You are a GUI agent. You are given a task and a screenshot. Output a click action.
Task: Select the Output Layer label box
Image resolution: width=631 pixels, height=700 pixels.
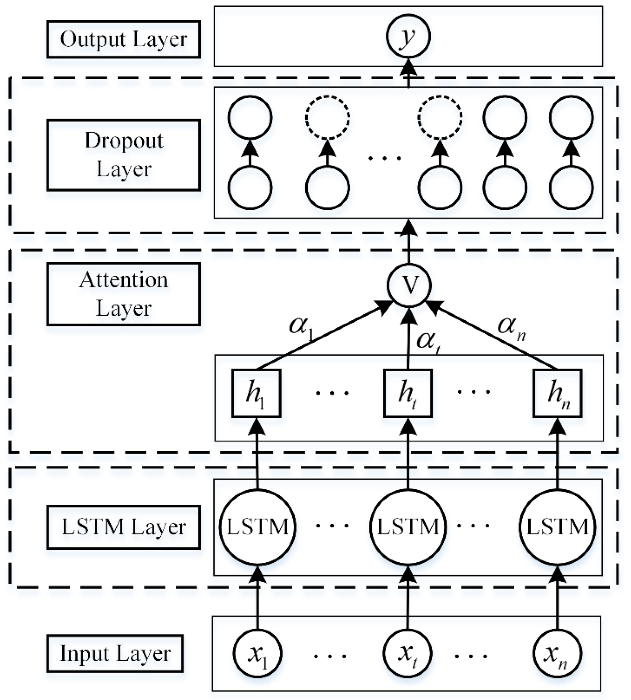[x=123, y=39]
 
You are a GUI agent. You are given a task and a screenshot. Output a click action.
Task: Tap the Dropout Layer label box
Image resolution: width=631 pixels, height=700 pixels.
[x=123, y=155]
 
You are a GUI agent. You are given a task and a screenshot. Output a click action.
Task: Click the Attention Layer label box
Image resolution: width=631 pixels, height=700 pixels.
[x=123, y=294]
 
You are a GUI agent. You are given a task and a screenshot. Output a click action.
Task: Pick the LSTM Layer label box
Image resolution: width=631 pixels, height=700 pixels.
[x=123, y=527]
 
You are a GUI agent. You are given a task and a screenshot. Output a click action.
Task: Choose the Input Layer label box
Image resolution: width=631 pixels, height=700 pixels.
[x=115, y=654]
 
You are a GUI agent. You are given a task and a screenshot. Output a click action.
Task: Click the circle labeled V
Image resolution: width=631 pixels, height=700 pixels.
[x=409, y=285]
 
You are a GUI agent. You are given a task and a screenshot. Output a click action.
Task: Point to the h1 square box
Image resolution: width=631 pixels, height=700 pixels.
[x=256, y=393]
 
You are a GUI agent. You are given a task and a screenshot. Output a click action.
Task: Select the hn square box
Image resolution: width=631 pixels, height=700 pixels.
[x=557, y=393]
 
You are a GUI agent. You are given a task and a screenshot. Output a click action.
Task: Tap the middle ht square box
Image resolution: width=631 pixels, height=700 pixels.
[x=408, y=393]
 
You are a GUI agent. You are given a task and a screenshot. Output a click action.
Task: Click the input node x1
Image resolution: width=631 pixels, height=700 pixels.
[x=257, y=654]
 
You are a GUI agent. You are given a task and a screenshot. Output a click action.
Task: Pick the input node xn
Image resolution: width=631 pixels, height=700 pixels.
[x=557, y=654]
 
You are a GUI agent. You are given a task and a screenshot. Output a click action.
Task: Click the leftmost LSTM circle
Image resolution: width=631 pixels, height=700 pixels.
[x=257, y=527]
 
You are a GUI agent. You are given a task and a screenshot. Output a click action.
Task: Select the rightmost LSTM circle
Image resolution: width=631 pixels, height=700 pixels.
[x=557, y=527]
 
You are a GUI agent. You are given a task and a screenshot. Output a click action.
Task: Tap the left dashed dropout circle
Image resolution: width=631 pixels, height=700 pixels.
[x=327, y=117]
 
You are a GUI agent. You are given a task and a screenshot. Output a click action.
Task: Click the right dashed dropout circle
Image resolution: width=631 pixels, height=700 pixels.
[x=440, y=117]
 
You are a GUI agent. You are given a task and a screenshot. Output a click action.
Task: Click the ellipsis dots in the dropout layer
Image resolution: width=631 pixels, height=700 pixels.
[x=384, y=158]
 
